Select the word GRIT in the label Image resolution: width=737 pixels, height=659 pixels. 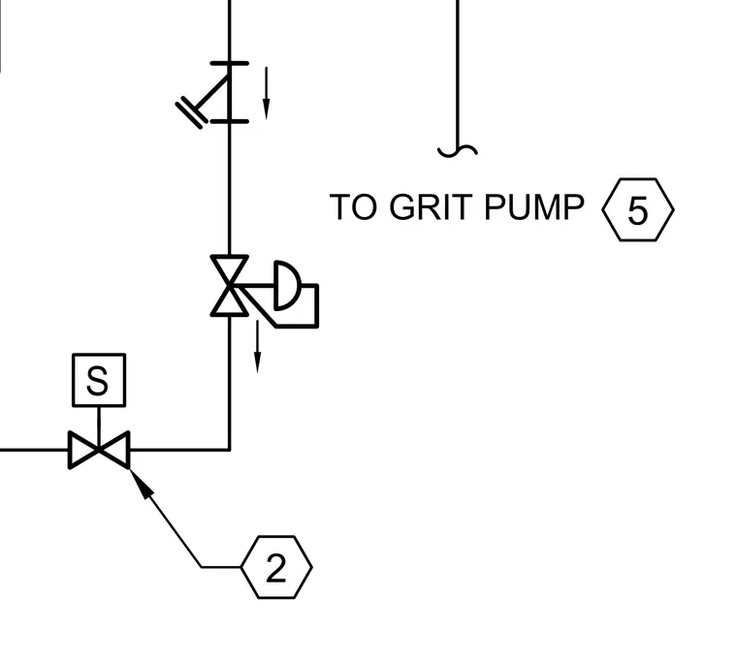point(431,206)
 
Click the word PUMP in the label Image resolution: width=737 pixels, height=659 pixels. point(534,206)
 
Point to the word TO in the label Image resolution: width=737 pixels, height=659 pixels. point(353,206)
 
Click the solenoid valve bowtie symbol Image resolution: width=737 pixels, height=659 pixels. point(99,450)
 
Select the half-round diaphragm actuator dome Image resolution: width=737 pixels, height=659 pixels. point(287,285)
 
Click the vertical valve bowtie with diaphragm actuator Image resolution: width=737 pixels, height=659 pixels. point(230,286)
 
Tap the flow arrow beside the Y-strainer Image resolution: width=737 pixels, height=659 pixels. point(266,93)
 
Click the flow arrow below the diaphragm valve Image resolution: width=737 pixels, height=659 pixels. point(257,347)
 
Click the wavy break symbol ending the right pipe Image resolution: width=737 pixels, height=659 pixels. point(458,151)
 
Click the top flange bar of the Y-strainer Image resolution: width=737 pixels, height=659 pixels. point(230,63)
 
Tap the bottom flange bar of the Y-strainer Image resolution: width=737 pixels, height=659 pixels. point(230,122)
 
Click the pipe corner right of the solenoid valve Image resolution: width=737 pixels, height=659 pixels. point(230,450)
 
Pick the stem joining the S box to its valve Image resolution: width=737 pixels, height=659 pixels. point(99,419)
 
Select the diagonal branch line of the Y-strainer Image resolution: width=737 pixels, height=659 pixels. point(212,92)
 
